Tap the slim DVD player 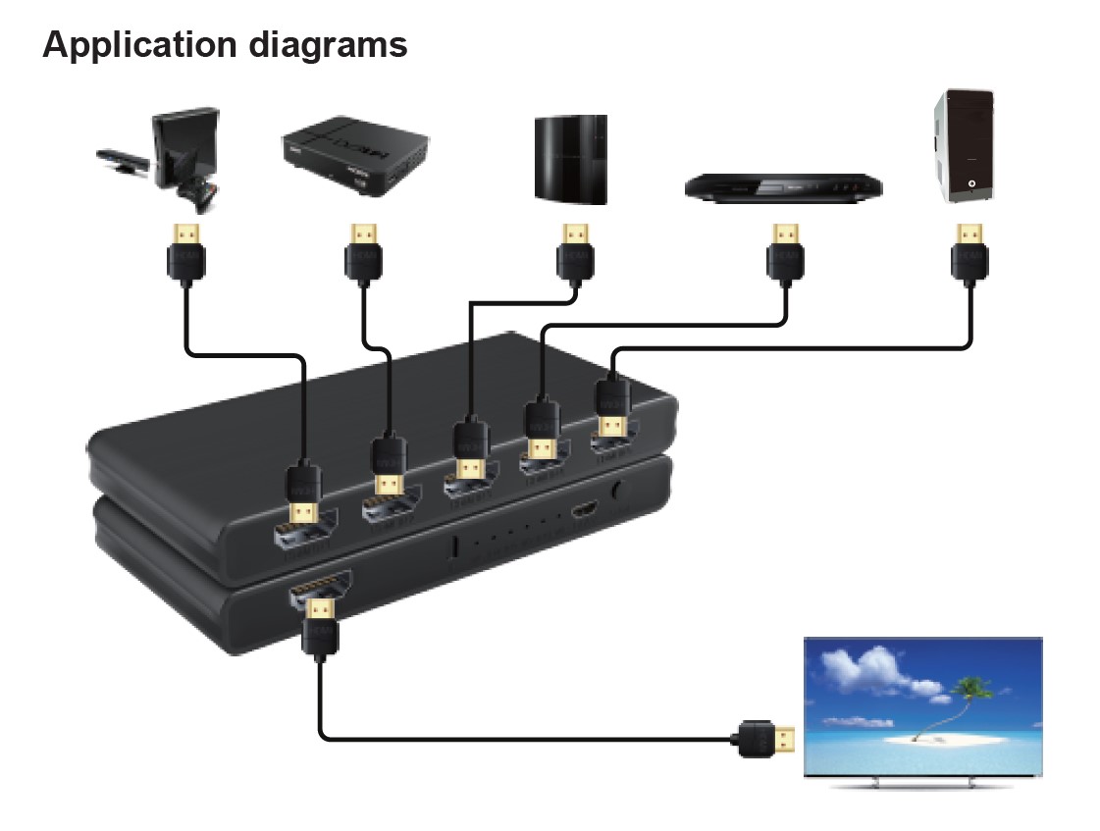point(781,184)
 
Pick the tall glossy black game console point(571,160)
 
